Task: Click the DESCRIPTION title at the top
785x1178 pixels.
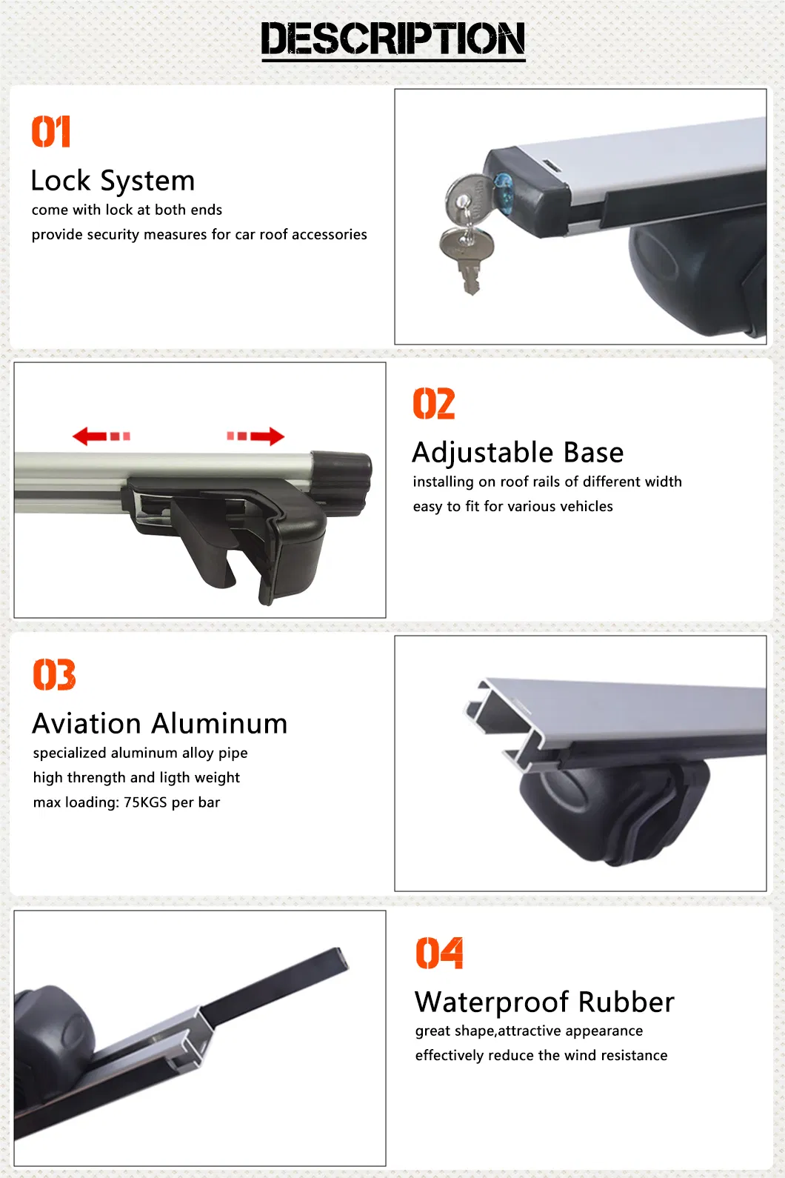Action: pyautogui.click(x=393, y=39)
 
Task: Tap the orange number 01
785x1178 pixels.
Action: pyautogui.click(x=51, y=132)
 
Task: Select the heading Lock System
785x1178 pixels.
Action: pyautogui.click(x=113, y=181)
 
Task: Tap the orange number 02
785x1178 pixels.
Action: pyautogui.click(x=434, y=404)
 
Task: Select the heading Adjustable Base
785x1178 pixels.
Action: pyautogui.click(x=518, y=453)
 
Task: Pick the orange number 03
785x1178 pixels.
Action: pyautogui.click(x=54, y=675)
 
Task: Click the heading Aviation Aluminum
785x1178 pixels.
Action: pyautogui.click(x=160, y=724)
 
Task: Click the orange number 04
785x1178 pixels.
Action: pyautogui.click(x=439, y=954)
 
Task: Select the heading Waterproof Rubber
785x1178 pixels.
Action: pyautogui.click(x=544, y=1002)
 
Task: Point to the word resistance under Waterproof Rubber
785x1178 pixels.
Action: pyautogui.click(x=633, y=1056)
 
